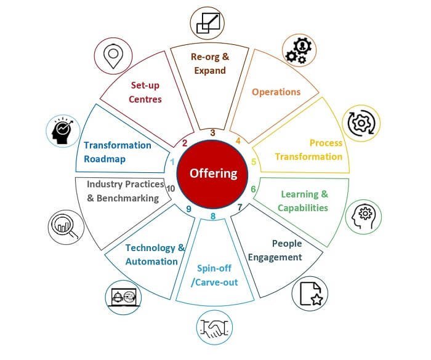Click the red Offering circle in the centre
point(213,174)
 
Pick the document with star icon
point(311,294)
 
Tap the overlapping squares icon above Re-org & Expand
point(207,23)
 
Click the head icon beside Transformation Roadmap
point(63,130)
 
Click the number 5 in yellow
point(254,162)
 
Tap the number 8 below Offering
point(213,216)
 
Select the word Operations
point(276,92)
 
